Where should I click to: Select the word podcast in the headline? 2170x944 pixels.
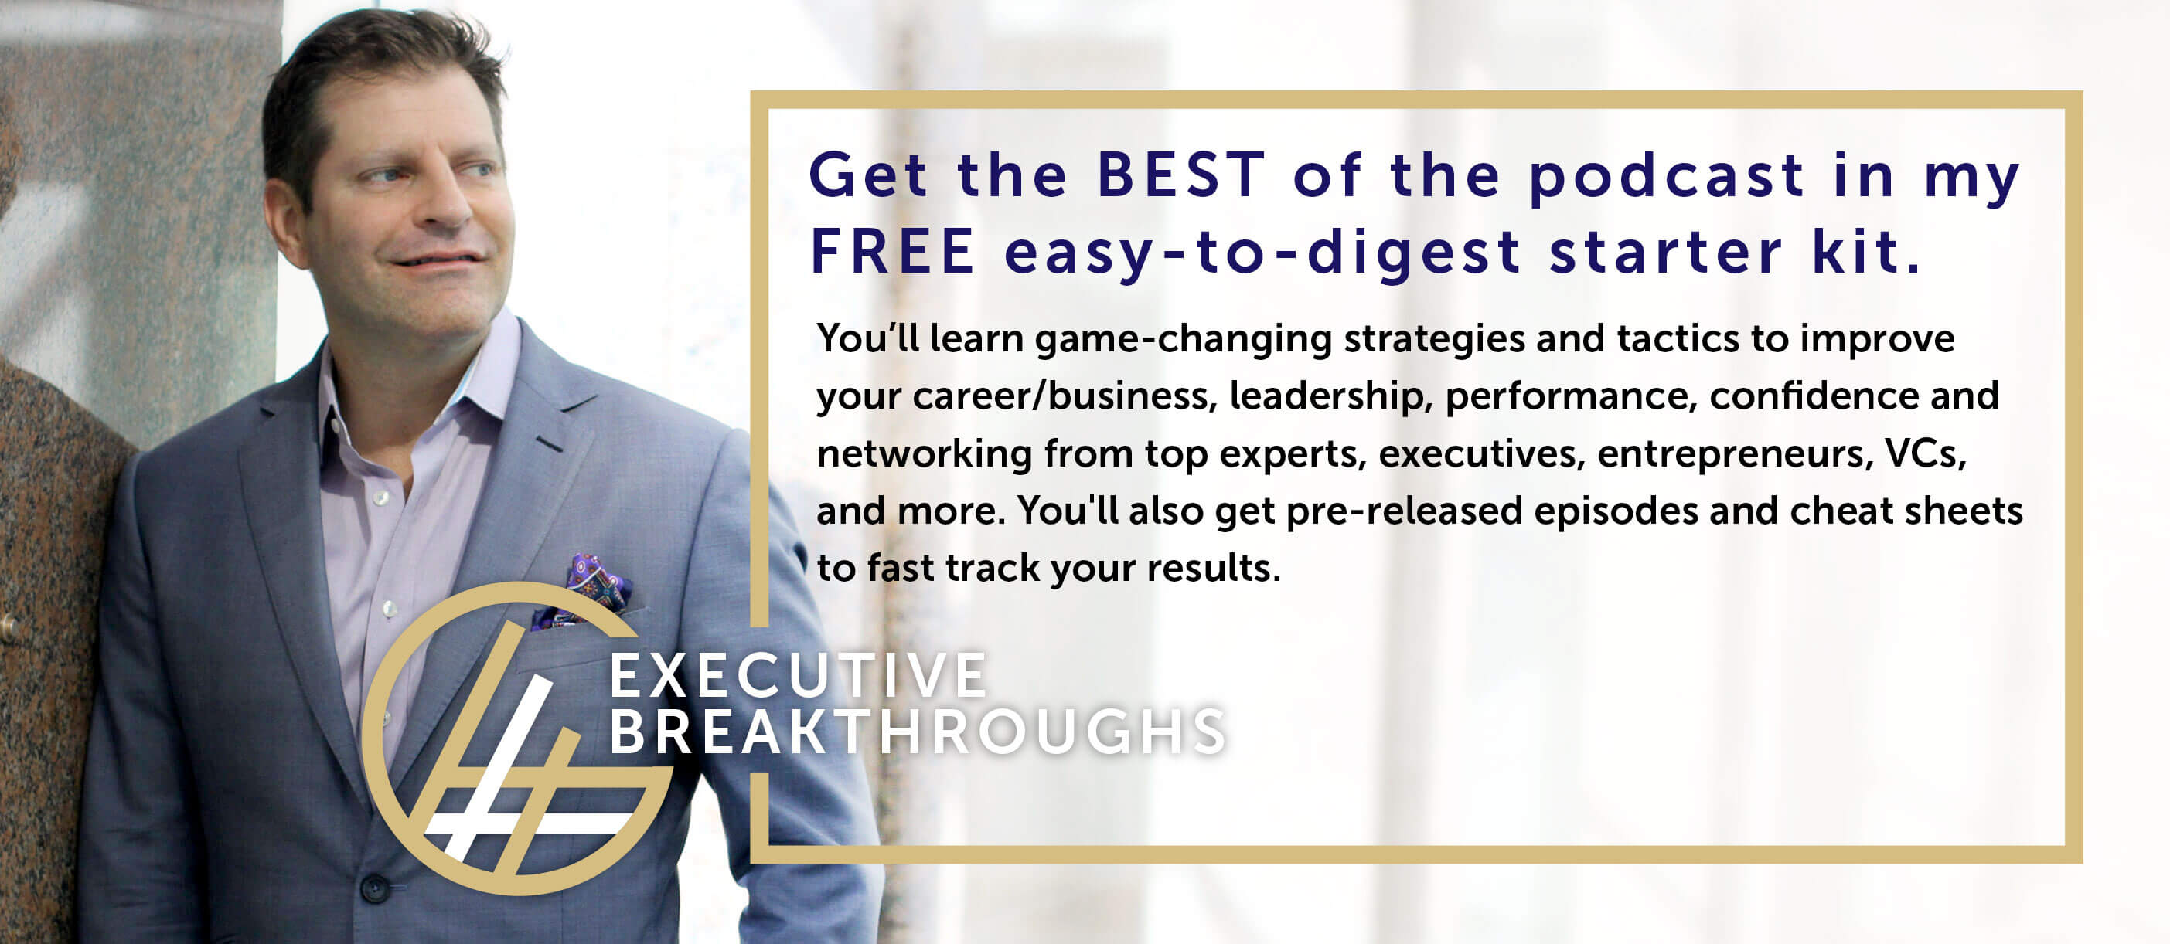pos(1667,177)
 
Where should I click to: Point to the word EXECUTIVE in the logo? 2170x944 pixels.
pos(799,674)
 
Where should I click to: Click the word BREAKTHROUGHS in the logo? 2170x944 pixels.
pos(918,732)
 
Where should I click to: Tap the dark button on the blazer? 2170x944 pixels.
pos(374,888)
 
